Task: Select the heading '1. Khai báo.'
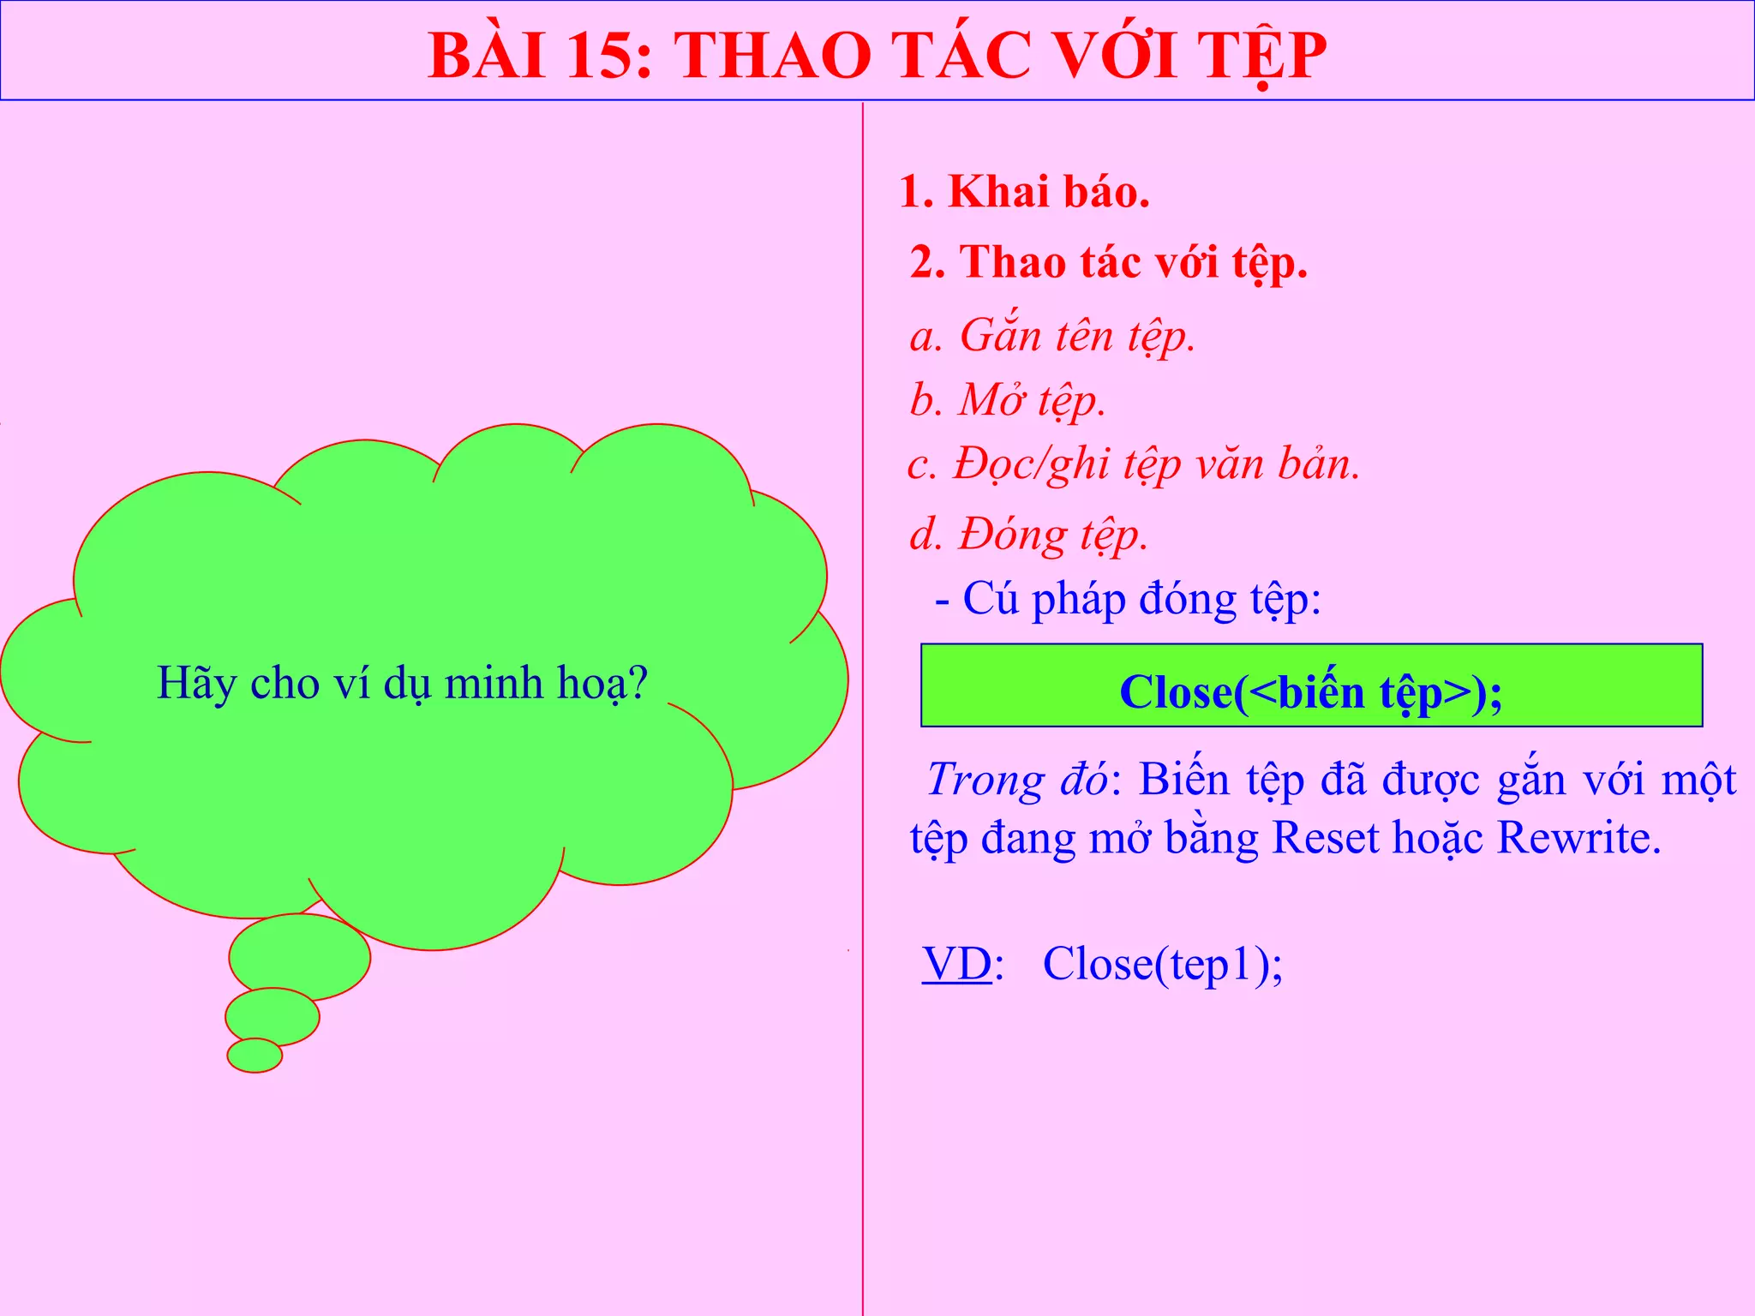1024,191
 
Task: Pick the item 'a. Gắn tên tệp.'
1051,335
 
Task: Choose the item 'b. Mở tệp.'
1007,399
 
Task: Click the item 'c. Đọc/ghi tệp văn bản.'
1133,464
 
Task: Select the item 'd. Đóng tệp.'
1028,534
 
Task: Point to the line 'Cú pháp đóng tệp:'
1141,598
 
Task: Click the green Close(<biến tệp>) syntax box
1311,685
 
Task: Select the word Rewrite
1578,837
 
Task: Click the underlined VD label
957,964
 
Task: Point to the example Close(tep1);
1162,964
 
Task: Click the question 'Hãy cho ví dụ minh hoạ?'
402,684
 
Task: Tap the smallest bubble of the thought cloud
255,1055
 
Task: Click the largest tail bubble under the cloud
300,955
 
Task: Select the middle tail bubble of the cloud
273,1017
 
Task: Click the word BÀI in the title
487,56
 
